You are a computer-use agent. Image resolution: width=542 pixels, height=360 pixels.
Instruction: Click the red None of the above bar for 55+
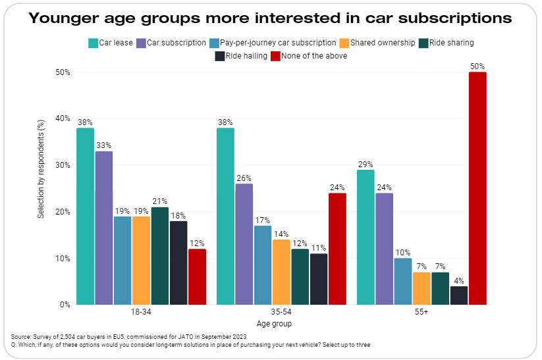coord(477,188)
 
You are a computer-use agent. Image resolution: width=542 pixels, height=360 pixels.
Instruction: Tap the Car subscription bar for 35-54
coord(244,244)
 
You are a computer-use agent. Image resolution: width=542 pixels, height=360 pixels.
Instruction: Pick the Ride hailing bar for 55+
coord(459,296)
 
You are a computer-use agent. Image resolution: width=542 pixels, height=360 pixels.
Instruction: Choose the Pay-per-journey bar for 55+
coord(403,281)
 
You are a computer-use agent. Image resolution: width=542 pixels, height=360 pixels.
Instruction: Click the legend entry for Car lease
coord(111,43)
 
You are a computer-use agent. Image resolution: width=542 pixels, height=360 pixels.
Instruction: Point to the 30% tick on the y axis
coord(62,165)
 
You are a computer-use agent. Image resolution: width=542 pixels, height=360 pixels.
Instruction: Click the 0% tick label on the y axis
coord(64,305)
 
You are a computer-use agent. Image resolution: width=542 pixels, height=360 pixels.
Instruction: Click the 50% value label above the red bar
coord(477,66)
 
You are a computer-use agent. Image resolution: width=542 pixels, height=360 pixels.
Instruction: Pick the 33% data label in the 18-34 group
coord(103,145)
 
